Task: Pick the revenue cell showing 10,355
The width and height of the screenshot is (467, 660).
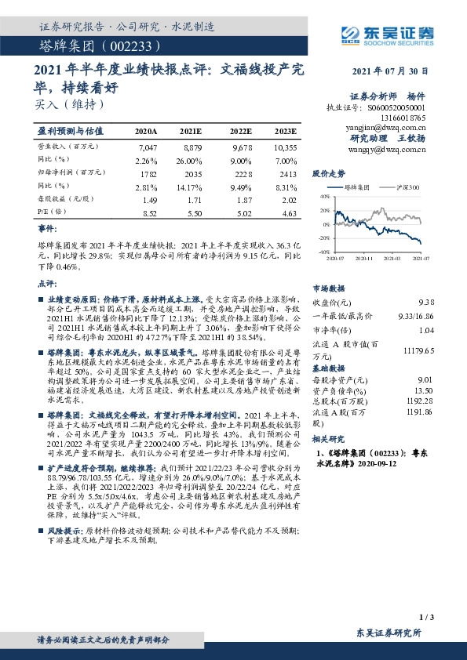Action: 286,147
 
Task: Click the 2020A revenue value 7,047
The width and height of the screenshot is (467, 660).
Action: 147,147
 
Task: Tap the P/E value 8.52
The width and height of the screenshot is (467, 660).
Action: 147,212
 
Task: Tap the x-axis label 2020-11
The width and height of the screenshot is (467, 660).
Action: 363,257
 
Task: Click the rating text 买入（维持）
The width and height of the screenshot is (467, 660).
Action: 70,103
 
